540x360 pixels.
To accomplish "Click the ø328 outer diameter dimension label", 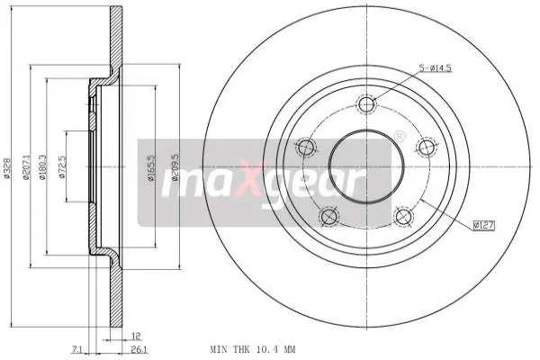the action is click(x=7, y=168).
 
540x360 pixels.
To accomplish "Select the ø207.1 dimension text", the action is click(x=25, y=167).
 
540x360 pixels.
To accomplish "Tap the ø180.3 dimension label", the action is click(x=42, y=167).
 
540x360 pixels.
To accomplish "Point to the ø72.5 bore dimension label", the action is click(x=62, y=166).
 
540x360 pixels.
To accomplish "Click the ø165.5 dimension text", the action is click(x=151, y=168).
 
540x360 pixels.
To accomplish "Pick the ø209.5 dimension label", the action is click(x=175, y=167).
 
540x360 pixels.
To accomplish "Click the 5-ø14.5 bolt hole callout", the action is click(x=435, y=68).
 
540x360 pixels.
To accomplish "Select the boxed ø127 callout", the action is click(x=483, y=226).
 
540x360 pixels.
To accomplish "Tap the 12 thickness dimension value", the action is click(x=136, y=336).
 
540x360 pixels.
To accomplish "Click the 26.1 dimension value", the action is click(x=139, y=350).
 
